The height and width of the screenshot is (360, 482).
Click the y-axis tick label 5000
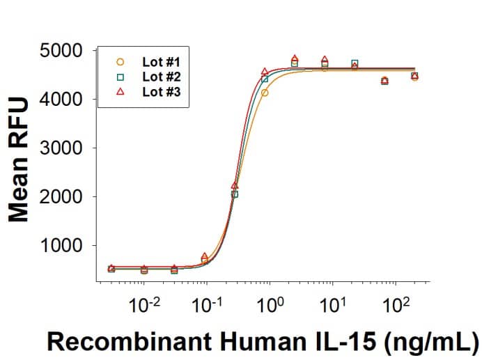pyautogui.click(x=64, y=52)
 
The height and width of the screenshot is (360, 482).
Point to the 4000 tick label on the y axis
pyautogui.click(x=64, y=100)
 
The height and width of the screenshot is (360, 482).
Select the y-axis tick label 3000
pyautogui.click(x=64, y=149)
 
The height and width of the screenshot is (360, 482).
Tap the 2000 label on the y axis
pyautogui.click(x=64, y=198)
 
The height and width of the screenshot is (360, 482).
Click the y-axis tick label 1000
pyautogui.click(x=64, y=246)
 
